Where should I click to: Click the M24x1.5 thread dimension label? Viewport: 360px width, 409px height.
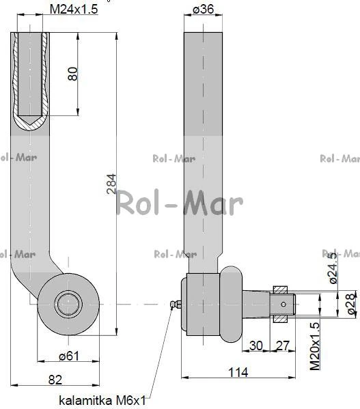pos(74,10)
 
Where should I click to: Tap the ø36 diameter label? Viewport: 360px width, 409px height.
pos(203,9)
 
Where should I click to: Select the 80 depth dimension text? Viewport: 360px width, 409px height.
pos(72,74)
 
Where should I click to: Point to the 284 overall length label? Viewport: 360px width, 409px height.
pos(111,184)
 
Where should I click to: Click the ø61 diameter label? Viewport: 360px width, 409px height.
pos(69,356)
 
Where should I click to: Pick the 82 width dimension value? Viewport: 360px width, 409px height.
pos(55,380)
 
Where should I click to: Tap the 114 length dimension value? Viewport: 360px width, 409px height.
pos(238,372)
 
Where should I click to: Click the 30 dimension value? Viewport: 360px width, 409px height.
pos(256,346)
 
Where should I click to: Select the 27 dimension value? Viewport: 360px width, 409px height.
pos(283,346)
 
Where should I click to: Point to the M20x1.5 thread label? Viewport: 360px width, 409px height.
pos(315,346)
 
